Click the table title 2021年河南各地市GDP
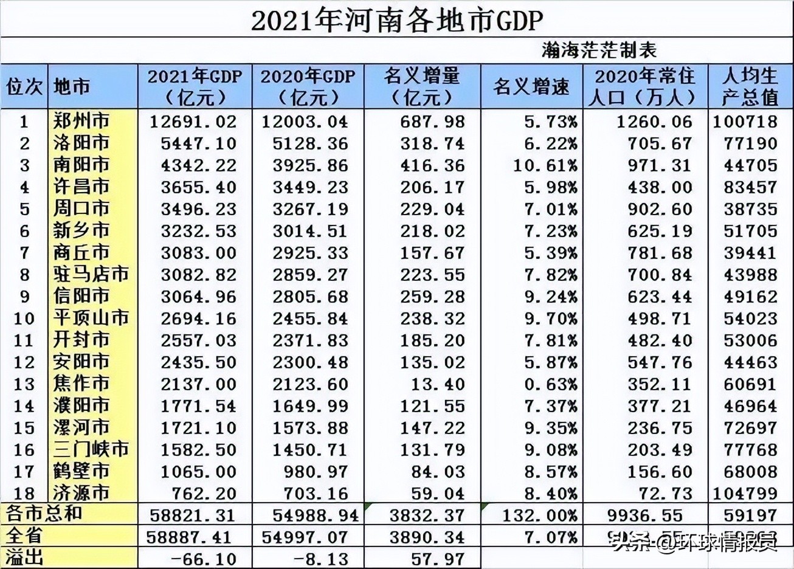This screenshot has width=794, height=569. click(396, 20)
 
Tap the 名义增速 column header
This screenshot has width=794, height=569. click(531, 87)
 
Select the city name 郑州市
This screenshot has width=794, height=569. click(81, 121)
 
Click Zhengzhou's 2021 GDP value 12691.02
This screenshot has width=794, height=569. click(193, 122)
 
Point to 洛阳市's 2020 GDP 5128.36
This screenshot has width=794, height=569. click(310, 143)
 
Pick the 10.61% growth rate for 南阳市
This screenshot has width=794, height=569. click(545, 165)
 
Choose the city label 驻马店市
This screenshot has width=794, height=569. click(91, 274)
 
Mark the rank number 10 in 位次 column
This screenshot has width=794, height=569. click(24, 318)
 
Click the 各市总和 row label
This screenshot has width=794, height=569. click(44, 514)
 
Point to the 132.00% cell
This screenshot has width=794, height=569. click(540, 516)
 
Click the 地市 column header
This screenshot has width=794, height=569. click(72, 87)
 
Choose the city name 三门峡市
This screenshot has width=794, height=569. click(91, 449)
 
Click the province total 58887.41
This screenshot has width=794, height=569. click(191, 537)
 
